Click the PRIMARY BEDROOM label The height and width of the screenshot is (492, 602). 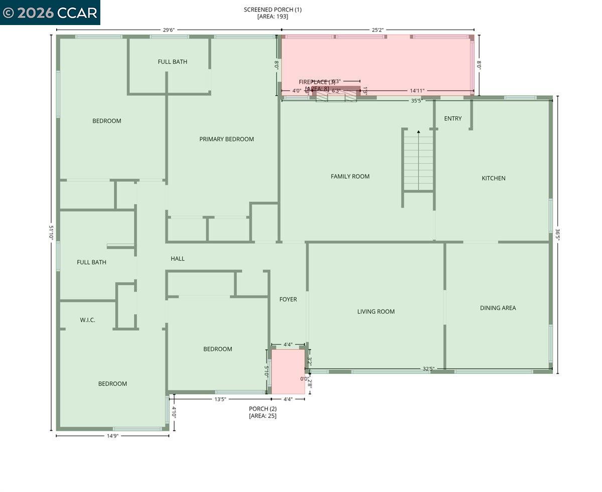point(226,139)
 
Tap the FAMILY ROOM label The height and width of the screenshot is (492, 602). point(350,176)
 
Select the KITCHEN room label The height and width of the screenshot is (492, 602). point(493,178)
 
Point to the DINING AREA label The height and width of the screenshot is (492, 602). point(498,308)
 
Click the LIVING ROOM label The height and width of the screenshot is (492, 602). point(376,312)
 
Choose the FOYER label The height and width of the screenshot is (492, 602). point(288,300)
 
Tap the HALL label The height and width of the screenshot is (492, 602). point(178,259)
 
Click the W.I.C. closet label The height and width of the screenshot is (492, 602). point(87,320)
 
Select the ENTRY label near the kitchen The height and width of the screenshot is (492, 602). point(453,119)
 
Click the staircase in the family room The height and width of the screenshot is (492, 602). point(418,160)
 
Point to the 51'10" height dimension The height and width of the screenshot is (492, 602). point(51,233)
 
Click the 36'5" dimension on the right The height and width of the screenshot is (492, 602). point(557,235)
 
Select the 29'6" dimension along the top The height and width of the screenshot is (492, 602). point(168,30)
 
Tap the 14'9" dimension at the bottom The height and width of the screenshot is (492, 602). point(112,436)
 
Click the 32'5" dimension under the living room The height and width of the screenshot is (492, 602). point(428,369)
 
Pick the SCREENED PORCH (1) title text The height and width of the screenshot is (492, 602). point(272,10)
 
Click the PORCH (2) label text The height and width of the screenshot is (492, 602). point(262,409)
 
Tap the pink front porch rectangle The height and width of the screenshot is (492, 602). point(288,371)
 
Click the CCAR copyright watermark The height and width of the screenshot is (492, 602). point(50,13)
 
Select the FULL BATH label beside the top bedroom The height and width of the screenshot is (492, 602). point(172,62)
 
